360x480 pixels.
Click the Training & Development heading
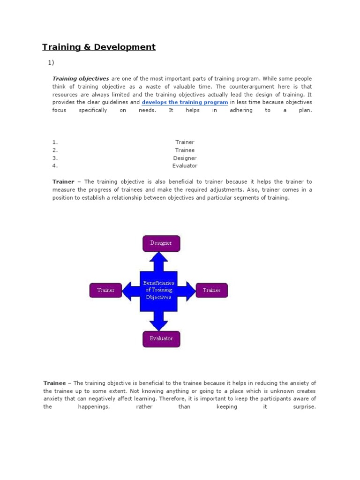(x=99, y=47)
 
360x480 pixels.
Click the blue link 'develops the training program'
(x=185, y=102)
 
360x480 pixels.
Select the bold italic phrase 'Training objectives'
(x=81, y=79)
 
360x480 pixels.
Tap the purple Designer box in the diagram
(x=161, y=243)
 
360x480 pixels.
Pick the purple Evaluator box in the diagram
(x=161, y=338)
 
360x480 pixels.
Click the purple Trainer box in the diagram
(x=105, y=290)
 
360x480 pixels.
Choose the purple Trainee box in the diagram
(x=211, y=290)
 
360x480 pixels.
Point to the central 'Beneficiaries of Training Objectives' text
(x=158, y=290)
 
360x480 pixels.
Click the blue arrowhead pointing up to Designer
(x=159, y=258)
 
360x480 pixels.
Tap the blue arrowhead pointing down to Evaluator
(x=159, y=323)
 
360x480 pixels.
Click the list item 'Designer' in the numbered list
(x=185, y=158)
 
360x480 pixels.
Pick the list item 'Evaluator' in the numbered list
(x=185, y=166)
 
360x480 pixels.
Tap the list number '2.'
(x=55, y=150)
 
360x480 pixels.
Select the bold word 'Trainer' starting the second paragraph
(x=63, y=182)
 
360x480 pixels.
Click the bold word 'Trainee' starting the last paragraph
(x=54, y=383)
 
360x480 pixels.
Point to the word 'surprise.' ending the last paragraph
(x=304, y=407)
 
